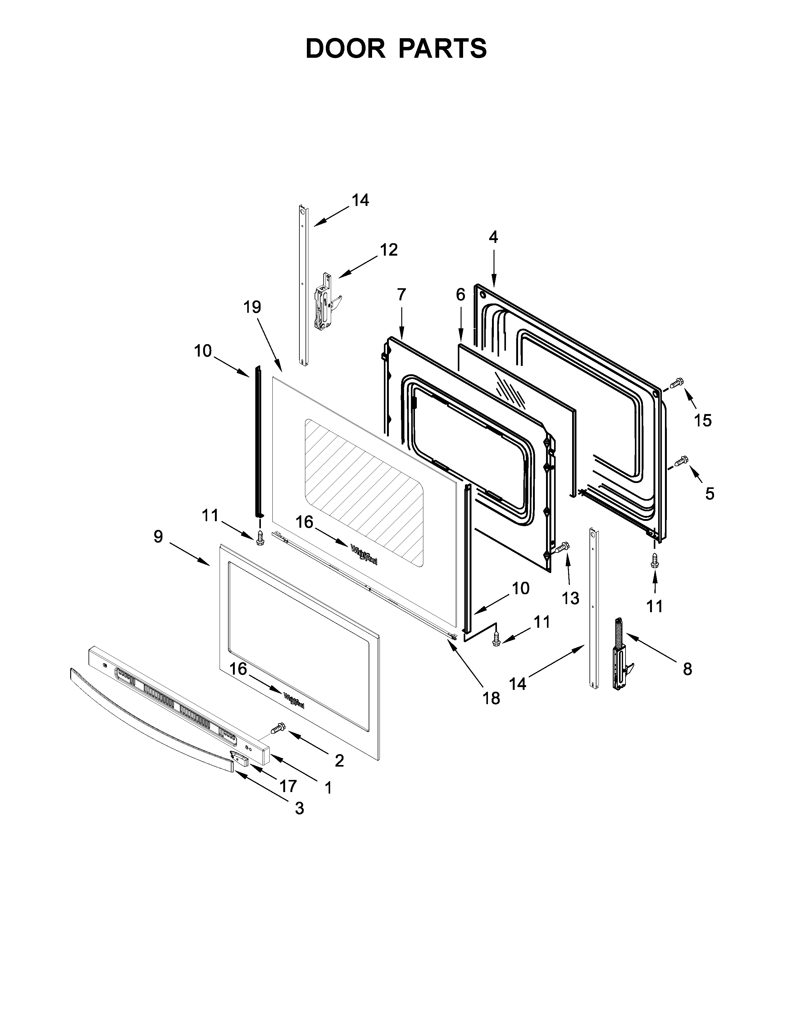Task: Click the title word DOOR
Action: [345, 48]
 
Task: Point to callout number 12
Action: [389, 250]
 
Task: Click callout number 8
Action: [687, 669]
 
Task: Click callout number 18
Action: [491, 698]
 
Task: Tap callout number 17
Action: [288, 785]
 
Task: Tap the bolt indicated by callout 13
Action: [560, 547]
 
